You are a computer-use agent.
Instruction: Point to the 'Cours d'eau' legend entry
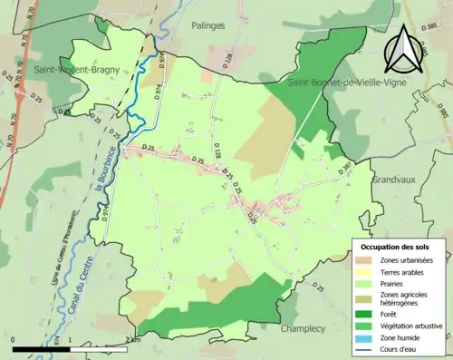point(400,350)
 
